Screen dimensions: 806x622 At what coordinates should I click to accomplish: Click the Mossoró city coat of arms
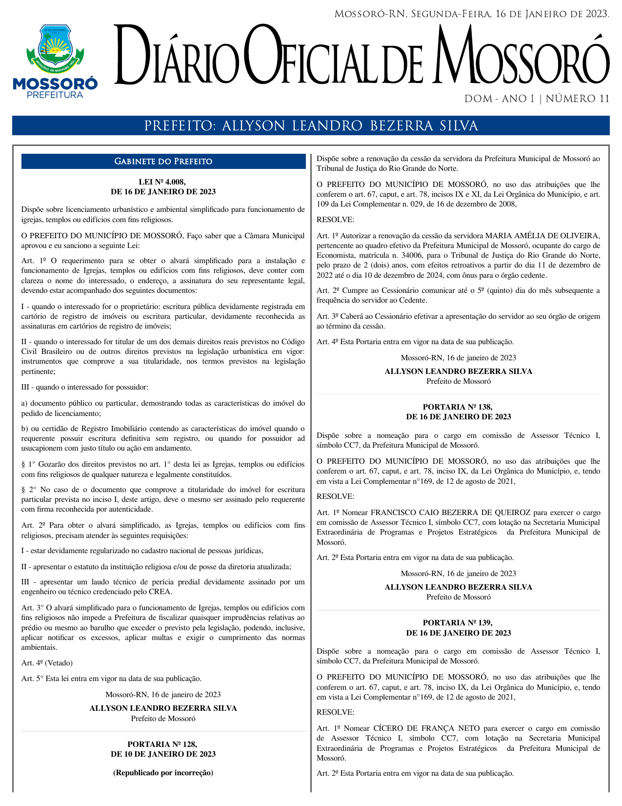pos(55,48)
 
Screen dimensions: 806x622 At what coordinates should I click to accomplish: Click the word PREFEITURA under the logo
pos(55,95)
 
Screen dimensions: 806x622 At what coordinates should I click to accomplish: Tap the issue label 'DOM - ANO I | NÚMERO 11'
pos(537,99)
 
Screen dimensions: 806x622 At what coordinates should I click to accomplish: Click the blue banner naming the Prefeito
pos(311,126)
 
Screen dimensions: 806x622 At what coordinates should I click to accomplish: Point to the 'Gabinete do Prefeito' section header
pos(163,162)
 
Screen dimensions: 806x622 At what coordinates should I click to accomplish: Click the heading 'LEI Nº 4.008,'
pos(163,182)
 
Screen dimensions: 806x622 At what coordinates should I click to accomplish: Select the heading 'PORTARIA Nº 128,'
pos(163,744)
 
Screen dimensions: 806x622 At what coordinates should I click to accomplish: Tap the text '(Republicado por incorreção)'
pos(163,773)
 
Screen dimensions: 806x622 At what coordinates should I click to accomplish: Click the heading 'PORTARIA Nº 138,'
pos(458,407)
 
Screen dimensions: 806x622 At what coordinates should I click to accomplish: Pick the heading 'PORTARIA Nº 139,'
pos(458,622)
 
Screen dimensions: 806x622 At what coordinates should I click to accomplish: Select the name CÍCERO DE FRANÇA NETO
pos(426,728)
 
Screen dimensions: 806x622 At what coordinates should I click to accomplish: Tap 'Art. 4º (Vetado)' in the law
pos(47,663)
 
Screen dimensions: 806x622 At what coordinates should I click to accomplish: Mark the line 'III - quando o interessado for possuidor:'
pos(85,387)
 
